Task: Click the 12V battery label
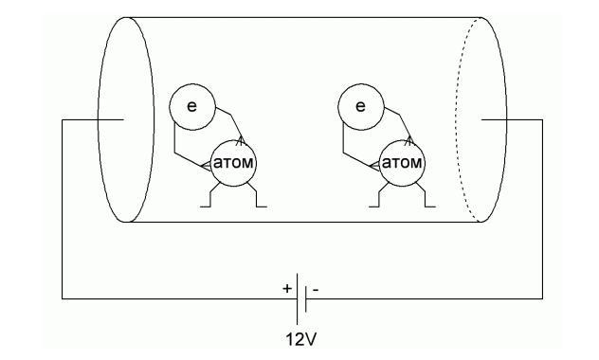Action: pos(301,339)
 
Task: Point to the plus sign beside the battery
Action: pos(287,289)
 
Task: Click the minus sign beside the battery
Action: pos(316,290)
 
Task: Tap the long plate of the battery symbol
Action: pos(298,299)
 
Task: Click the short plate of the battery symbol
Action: pos(306,299)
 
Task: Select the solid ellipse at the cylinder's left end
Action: pos(99,119)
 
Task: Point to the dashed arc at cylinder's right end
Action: pos(456,119)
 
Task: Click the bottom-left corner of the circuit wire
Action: pos(63,298)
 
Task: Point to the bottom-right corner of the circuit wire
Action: pos(542,298)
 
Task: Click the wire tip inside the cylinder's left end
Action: pos(123,120)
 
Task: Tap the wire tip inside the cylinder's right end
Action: pos(481,120)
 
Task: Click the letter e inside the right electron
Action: pos(360,106)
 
